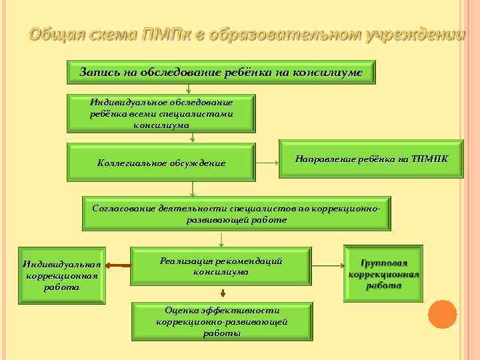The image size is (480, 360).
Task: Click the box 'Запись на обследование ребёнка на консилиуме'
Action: pyautogui.click(x=221, y=72)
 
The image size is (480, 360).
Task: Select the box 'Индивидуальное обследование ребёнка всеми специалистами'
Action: pyautogui.click(x=161, y=113)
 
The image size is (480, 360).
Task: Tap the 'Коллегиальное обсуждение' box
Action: pyautogui.click(x=161, y=163)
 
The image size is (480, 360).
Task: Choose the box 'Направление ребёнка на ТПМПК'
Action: pyautogui.click(x=371, y=159)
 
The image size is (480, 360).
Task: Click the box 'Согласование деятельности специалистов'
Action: pyautogui.click(x=237, y=214)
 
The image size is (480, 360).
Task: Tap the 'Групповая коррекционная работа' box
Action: pyautogui.click(x=383, y=274)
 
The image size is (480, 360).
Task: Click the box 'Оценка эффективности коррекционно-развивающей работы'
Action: pyautogui.click(x=221, y=321)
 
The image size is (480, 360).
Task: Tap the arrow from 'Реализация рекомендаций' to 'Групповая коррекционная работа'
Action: pyautogui.click(x=327, y=266)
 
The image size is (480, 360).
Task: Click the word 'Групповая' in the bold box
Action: pyautogui.click(x=383, y=263)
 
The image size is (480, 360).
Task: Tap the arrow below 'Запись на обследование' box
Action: pyautogui.click(x=189, y=88)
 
